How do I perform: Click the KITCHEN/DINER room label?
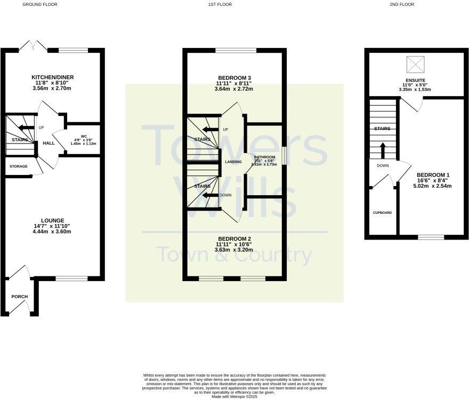[52, 77]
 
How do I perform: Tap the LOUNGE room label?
[52, 220]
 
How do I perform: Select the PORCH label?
[19, 297]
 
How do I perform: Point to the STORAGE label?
[19, 166]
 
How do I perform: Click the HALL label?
[48, 143]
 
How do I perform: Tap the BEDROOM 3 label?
[234, 78]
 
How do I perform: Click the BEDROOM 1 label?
[433, 175]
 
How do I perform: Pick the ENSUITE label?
[415, 81]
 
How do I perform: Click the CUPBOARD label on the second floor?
[382, 213]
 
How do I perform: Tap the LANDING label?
[233, 162]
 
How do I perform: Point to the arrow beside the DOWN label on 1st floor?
[209, 195]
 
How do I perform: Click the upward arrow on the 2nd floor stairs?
[382, 149]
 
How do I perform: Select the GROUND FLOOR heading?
[40, 4]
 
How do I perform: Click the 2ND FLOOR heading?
[401, 4]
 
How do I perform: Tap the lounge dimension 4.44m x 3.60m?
[52, 232]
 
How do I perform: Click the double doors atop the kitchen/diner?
[34, 46]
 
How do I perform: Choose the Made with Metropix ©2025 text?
[234, 396]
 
